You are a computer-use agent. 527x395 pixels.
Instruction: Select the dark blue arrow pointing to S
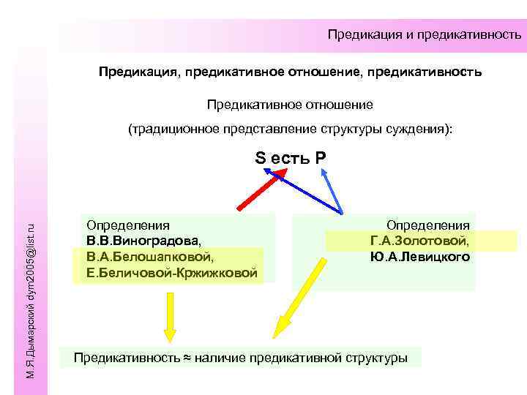click(x=304, y=191)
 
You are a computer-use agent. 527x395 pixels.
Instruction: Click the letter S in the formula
click(x=260, y=157)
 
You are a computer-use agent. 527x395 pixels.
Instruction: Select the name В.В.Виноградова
click(x=142, y=241)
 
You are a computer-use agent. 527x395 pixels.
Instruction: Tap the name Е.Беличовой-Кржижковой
click(x=171, y=273)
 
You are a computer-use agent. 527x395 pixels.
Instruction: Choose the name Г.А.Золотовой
click(x=420, y=241)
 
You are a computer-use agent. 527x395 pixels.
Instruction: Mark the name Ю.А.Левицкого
click(x=420, y=257)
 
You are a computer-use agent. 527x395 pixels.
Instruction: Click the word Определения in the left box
click(x=127, y=225)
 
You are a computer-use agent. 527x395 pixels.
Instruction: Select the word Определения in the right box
click(x=428, y=225)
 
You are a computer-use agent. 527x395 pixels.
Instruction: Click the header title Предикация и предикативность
click(x=425, y=34)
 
